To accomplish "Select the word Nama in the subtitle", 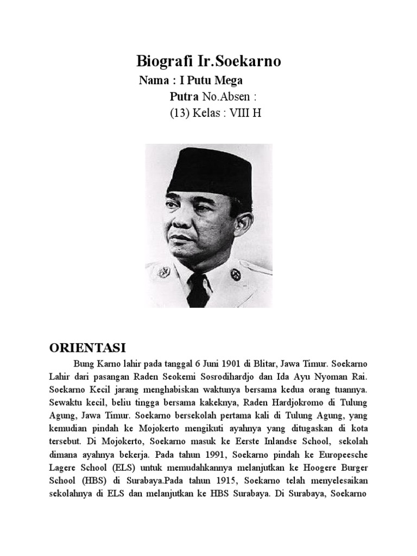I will (154, 81).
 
